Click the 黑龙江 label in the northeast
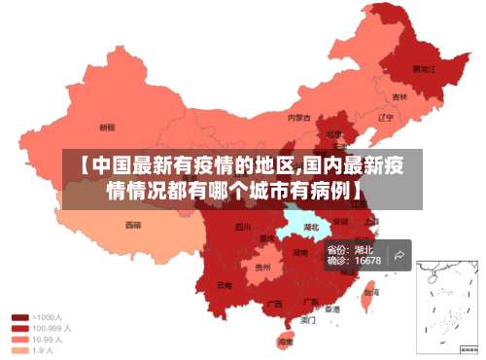point(425,69)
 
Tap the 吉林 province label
point(399,96)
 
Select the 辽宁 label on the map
point(385,118)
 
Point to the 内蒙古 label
point(299,118)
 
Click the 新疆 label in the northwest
point(107,126)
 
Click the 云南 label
point(225,285)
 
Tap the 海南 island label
point(285,342)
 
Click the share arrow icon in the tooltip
point(399,255)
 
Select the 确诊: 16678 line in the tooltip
point(354,261)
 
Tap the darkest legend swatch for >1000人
point(19,317)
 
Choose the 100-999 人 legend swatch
point(19,328)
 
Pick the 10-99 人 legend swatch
point(19,340)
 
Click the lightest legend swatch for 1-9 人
point(19,350)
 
